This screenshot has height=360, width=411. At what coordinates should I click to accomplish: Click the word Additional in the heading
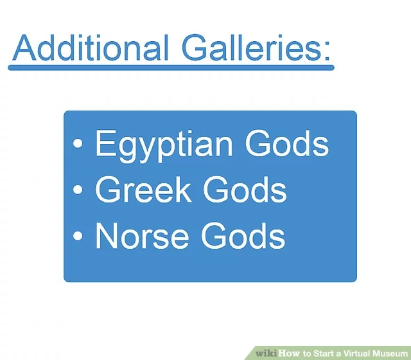coord(90,48)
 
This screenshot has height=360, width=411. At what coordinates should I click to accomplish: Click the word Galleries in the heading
coord(251,48)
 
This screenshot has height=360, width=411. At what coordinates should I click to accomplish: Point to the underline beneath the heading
coord(171,67)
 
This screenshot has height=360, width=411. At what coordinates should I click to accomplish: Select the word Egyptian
coord(164,146)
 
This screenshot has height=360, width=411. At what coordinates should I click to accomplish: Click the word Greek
coord(143,189)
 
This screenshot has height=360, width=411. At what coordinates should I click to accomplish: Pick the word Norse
coord(142,235)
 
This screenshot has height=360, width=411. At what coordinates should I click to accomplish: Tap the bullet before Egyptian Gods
coord(78,143)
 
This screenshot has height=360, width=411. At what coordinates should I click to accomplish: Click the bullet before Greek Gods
coord(78,189)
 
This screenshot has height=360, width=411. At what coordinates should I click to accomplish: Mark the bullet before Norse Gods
coord(78,235)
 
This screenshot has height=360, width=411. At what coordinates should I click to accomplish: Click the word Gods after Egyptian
coord(287,143)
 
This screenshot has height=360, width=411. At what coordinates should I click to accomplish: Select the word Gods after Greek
coord(245,189)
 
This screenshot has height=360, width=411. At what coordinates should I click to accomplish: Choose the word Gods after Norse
coord(244,235)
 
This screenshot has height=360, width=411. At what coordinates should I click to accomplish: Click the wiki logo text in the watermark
coord(266,353)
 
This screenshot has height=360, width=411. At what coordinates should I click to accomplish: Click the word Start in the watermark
coord(323,353)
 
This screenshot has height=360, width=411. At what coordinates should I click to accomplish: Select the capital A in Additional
coord(24,48)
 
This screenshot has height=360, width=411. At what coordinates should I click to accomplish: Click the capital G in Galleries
coord(194,48)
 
